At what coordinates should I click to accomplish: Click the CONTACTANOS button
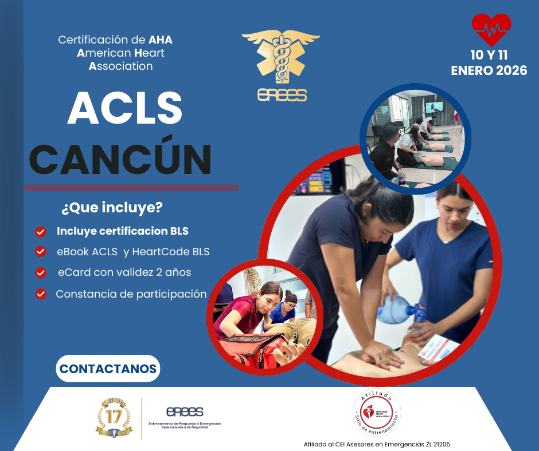point(108,369)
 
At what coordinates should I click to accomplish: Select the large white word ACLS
point(124,108)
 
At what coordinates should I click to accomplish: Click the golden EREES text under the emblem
point(282,95)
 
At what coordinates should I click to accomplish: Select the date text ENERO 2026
point(489,72)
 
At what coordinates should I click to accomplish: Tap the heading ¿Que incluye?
point(111,208)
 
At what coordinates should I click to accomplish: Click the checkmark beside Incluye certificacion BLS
point(41,232)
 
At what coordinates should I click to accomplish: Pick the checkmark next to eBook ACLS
point(41,251)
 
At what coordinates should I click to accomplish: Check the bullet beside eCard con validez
point(41,272)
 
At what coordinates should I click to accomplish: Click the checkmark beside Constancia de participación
point(41,294)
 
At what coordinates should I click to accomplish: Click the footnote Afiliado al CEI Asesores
point(381,444)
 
